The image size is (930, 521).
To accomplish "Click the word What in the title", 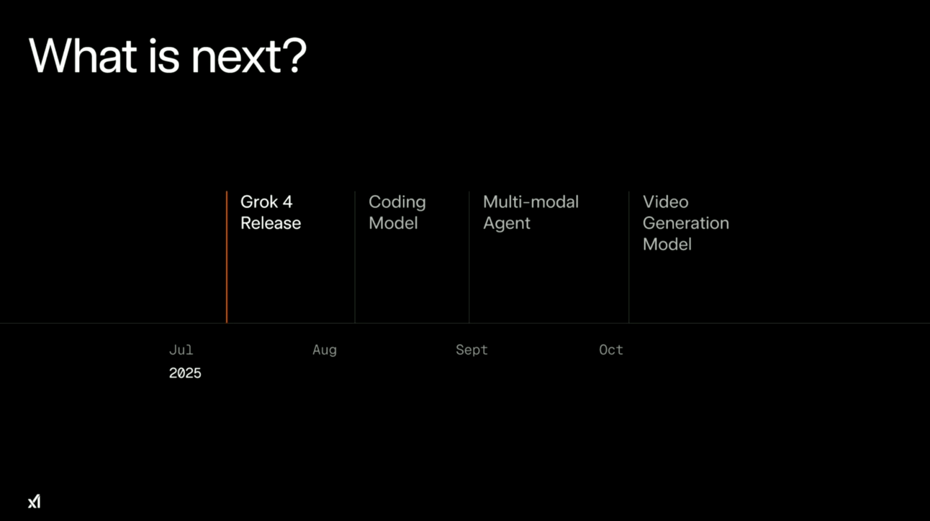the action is (83, 55).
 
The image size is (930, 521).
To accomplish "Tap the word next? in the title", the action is (248, 55).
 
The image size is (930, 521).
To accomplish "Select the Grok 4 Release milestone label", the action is (271, 212).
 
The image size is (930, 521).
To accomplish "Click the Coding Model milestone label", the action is (397, 212).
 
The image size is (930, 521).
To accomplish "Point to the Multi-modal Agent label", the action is (531, 212).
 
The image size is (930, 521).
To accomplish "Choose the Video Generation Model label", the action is (686, 223).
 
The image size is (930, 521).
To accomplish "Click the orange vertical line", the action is (227, 257).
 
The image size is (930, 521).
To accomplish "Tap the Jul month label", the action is (181, 350).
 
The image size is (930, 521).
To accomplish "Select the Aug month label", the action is (325, 350).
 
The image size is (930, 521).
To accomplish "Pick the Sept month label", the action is (471, 350).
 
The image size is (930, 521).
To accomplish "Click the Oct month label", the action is (611, 350).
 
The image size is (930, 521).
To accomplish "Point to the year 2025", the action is (185, 373).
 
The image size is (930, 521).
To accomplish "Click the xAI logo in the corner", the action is (35, 502).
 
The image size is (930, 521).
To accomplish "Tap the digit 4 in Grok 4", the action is (287, 202).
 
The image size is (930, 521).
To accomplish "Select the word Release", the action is (271, 223).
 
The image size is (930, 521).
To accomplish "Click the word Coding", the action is (397, 203).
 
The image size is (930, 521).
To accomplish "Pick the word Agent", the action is (507, 225).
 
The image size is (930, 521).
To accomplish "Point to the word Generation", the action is (686, 223).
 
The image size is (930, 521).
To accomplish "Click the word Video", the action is (666, 202).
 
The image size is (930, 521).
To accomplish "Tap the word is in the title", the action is (164, 55).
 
